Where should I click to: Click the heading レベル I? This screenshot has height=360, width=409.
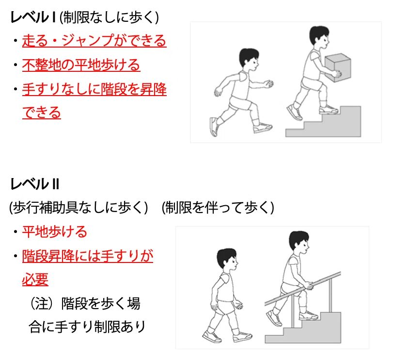click(x=33, y=17)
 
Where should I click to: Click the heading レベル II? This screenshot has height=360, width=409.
click(x=35, y=184)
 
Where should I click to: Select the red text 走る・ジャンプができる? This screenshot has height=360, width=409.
click(x=94, y=41)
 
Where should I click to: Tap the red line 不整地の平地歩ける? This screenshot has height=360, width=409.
click(x=81, y=65)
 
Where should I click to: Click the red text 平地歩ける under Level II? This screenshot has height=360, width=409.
click(x=54, y=231)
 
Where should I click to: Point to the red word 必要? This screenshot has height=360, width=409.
click(x=35, y=279)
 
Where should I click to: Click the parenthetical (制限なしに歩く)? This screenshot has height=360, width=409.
click(x=109, y=18)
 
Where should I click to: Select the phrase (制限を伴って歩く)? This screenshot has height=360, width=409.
click(x=218, y=208)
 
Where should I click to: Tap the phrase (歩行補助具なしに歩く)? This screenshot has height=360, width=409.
click(x=79, y=208)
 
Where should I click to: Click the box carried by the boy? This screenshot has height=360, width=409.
click(x=338, y=67)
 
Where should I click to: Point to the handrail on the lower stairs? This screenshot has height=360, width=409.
click(x=302, y=289)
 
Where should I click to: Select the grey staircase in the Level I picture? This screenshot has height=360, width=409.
click(x=323, y=122)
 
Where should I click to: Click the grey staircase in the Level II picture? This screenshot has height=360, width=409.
click(x=303, y=328)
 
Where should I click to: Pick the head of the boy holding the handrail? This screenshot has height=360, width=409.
click(x=299, y=243)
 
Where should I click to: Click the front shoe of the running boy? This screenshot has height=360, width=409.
click(x=263, y=128)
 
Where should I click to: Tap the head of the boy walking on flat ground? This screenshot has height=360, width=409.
click(x=227, y=260)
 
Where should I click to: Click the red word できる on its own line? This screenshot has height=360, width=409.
click(x=42, y=113)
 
